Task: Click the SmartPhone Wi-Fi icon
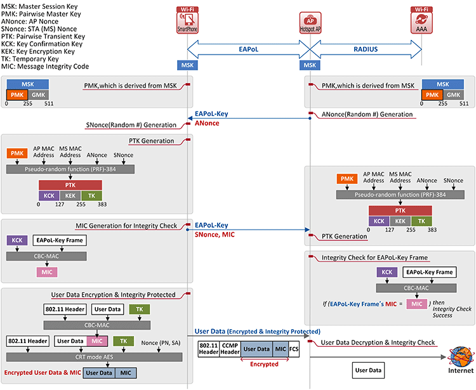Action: pos(187,20)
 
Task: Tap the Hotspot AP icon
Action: pos(310,23)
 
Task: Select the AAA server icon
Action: pos(421,20)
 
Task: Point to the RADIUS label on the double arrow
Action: pos(366,49)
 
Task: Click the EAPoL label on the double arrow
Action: pos(248,49)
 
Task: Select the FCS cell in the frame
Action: pos(294,349)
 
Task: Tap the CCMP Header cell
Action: pos(230,349)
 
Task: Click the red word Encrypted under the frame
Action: pos(264,364)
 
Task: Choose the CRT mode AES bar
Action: pos(94,357)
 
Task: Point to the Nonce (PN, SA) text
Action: pos(161,343)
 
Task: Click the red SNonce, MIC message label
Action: pos(215,235)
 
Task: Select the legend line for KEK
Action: pos(38,51)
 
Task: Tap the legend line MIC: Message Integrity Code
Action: pos(45,67)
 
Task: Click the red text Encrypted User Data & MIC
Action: pos(43,373)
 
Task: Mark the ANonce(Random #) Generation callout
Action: pos(367,114)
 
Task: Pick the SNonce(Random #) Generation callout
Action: pos(131,125)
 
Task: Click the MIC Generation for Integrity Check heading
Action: pos(126,226)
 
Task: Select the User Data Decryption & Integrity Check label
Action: pos(378,342)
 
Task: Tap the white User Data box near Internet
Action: pos(368,370)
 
